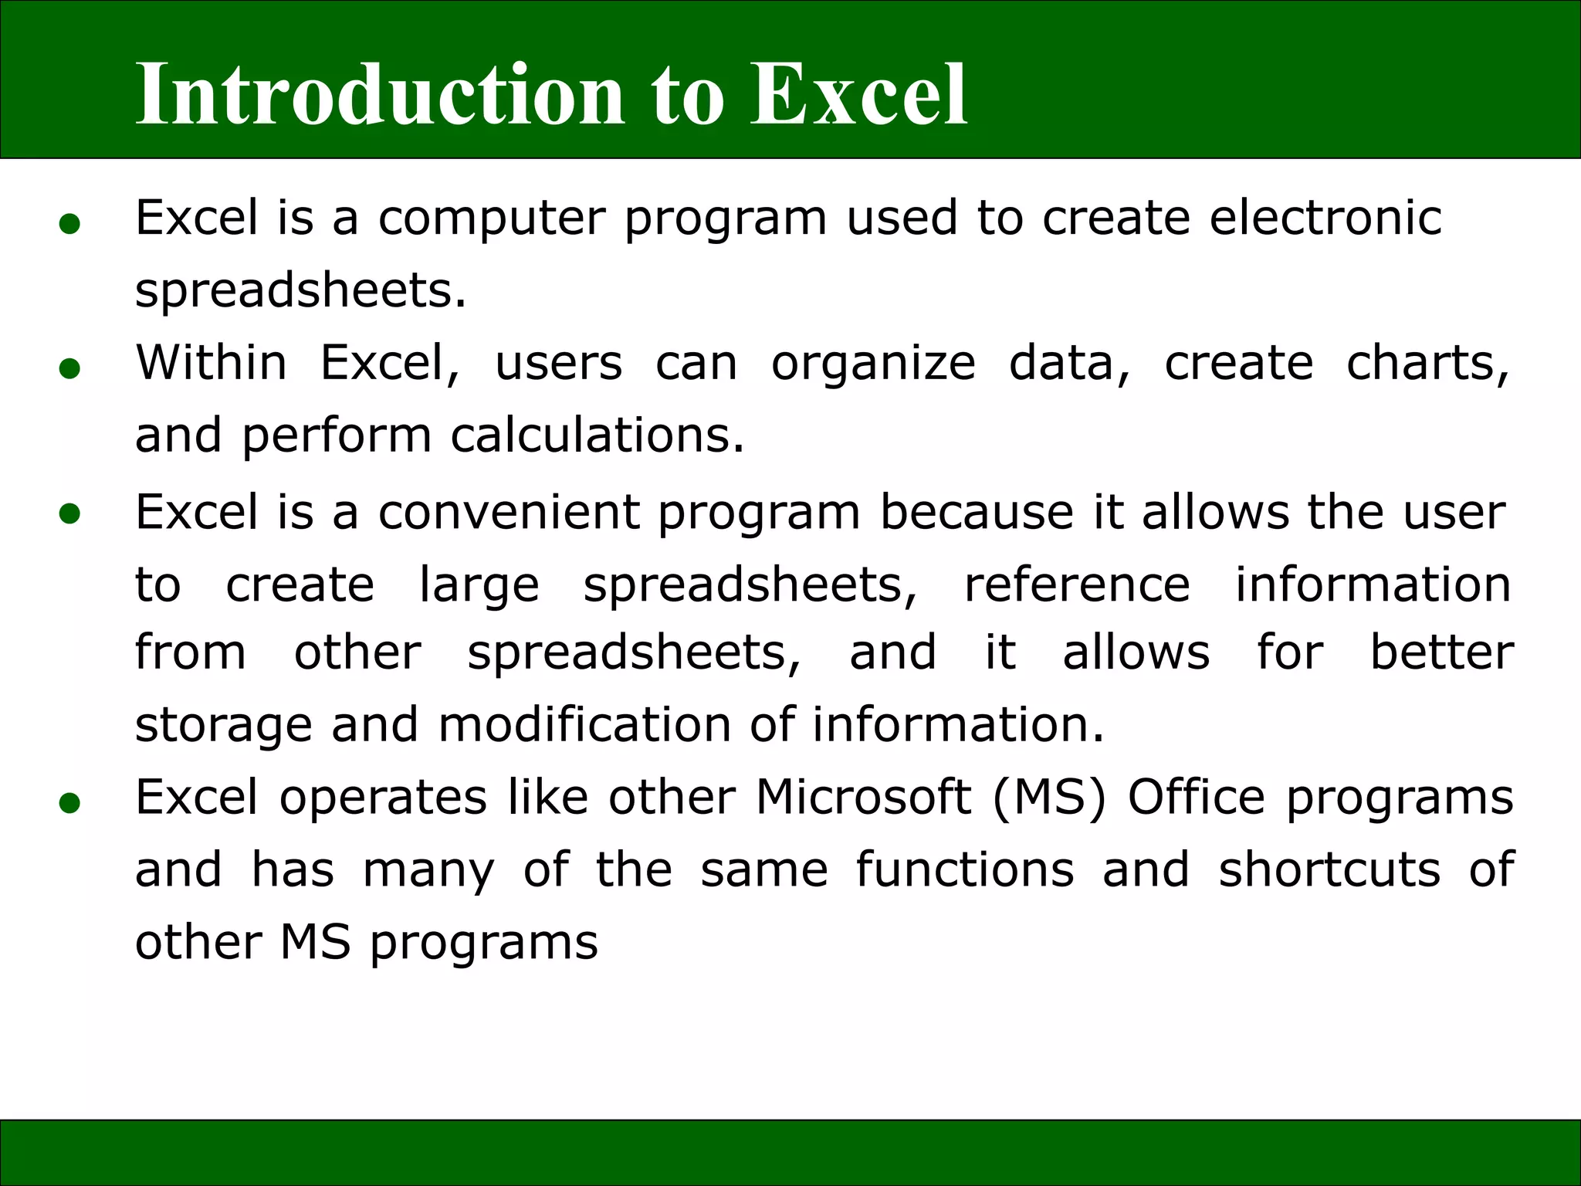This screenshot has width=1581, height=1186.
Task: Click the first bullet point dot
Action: click(x=69, y=225)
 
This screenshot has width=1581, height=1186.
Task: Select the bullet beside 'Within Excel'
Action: click(x=69, y=369)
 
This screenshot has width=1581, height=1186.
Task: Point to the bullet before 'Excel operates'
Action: click(x=69, y=804)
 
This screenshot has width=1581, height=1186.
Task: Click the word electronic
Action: click(x=1325, y=218)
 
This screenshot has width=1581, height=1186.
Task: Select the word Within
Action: click(x=211, y=362)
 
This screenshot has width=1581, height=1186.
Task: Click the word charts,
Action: click(x=1427, y=364)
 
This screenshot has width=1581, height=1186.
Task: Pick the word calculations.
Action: click(x=597, y=435)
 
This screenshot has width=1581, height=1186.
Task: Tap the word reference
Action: click(x=1077, y=585)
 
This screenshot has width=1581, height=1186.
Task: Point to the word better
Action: click(x=1441, y=652)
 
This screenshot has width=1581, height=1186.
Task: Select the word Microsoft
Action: click(x=863, y=797)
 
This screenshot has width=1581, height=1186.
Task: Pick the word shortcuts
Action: click(x=1329, y=869)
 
